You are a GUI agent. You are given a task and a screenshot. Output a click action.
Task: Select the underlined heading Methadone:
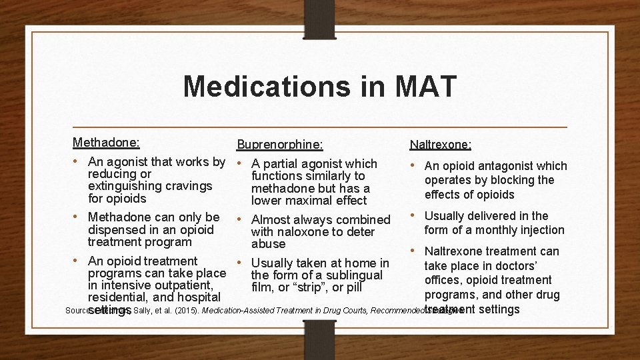pos(106,142)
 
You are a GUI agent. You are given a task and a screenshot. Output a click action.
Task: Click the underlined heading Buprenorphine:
pos(280,144)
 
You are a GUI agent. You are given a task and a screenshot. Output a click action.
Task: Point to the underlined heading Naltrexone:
pos(441,144)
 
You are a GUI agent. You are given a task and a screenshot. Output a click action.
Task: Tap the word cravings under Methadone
pos(191,186)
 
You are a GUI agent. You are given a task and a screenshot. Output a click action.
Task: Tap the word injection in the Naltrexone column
pos(538,230)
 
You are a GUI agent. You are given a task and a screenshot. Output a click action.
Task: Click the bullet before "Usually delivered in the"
pos(414,215)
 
